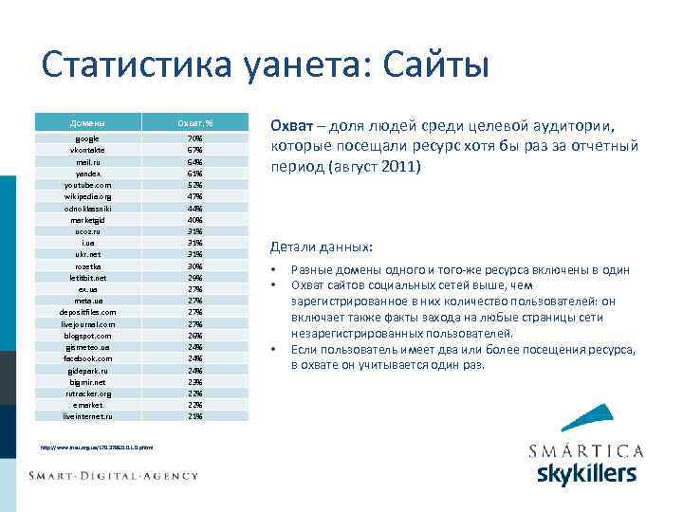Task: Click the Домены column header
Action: click(87, 123)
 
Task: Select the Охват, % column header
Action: click(194, 123)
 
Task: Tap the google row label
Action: click(87, 138)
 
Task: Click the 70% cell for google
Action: click(194, 138)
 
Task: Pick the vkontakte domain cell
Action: click(87, 150)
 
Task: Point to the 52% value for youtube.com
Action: click(194, 185)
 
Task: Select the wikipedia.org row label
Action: click(87, 196)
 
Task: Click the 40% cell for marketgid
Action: click(194, 219)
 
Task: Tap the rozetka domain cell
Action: click(87, 265)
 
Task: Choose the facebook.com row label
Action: click(87, 358)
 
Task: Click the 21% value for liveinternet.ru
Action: click(194, 416)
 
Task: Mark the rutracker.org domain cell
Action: click(87, 393)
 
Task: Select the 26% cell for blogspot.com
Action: click(194, 335)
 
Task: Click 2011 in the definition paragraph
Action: click(398, 167)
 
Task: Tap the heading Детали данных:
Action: click(322, 247)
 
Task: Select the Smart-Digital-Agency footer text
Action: click(113, 475)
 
